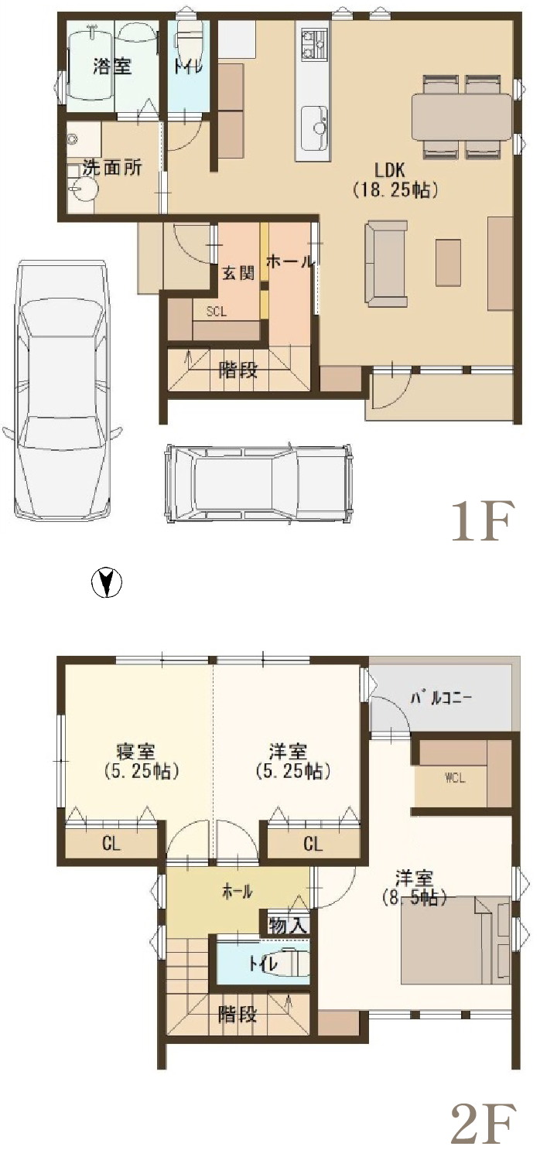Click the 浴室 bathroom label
[x=112, y=67]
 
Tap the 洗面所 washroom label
[x=112, y=167]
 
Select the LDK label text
[x=390, y=169]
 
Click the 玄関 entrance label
[x=238, y=272]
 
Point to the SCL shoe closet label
[x=216, y=312]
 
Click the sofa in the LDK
[x=386, y=263]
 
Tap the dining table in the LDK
[x=462, y=117]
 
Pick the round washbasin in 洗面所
[x=80, y=189]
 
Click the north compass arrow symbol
[x=106, y=582]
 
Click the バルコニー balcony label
[x=441, y=698]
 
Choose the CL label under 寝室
[x=111, y=844]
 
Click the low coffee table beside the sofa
[x=448, y=263]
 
